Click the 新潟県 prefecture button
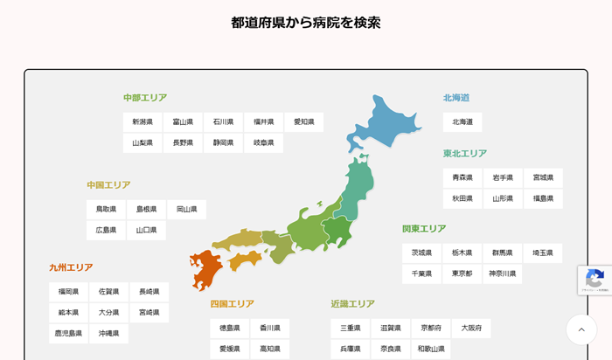(x=143, y=122)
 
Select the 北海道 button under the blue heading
(x=462, y=122)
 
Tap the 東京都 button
(x=462, y=273)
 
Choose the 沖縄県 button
(x=109, y=334)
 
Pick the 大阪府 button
(x=472, y=329)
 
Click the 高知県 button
(x=270, y=349)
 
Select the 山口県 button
(x=146, y=231)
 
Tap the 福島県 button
(x=544, y=199)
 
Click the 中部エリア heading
(x=145, y=98)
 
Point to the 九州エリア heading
(x=71, y=267)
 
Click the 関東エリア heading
(x=424, y=229)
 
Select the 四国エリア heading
(x=233, y=304)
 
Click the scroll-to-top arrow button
(x=581, y=329)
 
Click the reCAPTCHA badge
(x=595, y=280)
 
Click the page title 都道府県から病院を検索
(x=306, y=23)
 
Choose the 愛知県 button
(x=304, y=122)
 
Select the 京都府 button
(x=432, y=329)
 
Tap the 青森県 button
(x=462, y=178)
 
